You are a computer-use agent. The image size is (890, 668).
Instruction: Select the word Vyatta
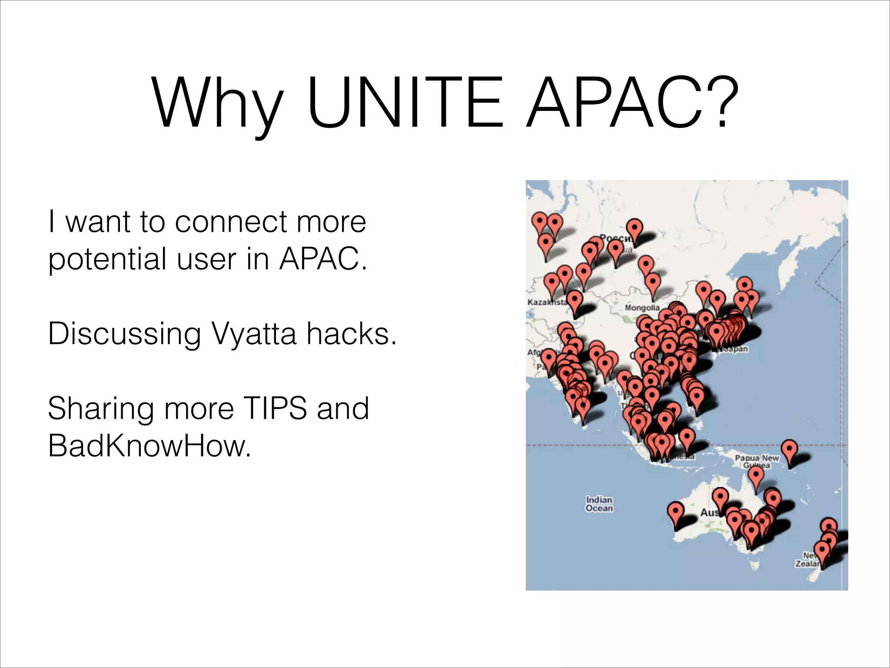pyautogui.click(x=254, y=334)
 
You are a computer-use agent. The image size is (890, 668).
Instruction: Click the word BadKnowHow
pyautogui.click(x=149, y=445)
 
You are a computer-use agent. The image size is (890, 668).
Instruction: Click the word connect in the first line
pyautogui.click(x=231, y=221)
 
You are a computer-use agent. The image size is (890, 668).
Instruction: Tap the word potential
pyautogui.click(x=107, y=260)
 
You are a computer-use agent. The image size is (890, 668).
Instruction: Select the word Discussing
pyautogui.click(x=124, y=334)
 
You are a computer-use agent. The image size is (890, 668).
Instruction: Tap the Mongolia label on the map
pyautogui.click(x=642, y=308)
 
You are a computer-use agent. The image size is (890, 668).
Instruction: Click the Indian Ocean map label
pyautogui.click(x=599, y=504)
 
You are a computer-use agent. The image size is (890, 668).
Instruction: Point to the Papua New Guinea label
pyautogui.click(x=757, y=461)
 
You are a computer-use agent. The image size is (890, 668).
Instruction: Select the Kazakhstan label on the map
pyautogui.click(x=547, y=302)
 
